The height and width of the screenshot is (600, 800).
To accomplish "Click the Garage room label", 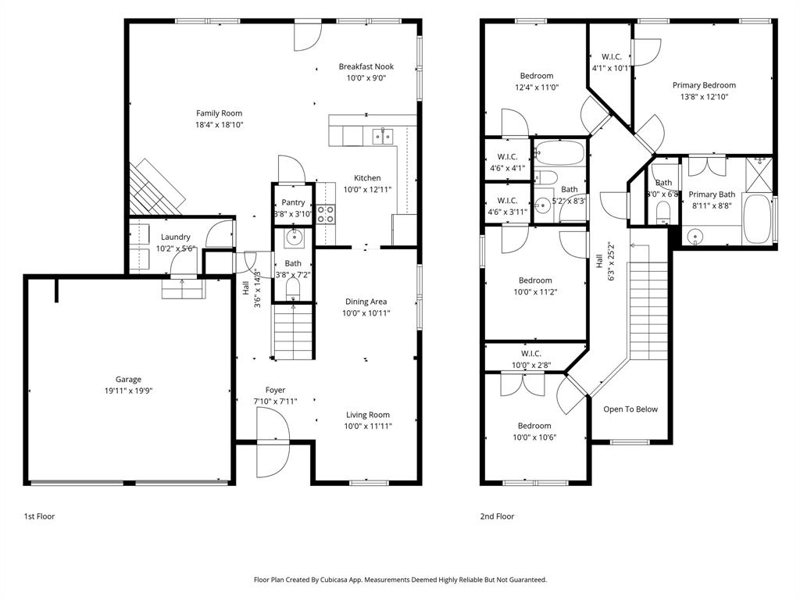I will click(129, 380).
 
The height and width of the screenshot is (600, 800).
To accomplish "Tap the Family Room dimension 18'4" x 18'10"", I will click(220, 125).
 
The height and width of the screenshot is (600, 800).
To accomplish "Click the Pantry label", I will click(293, 202).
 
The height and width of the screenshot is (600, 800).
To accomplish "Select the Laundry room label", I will click(176, 237).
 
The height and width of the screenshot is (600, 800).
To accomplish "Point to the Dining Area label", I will click(366, 302).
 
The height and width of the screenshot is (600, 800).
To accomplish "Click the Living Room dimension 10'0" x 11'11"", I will click(369, 427).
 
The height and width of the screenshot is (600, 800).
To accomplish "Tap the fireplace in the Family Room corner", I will click(156, 186).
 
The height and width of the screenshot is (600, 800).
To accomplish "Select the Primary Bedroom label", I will click(704, 85).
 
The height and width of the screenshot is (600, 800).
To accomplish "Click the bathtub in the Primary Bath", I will click(757, 220).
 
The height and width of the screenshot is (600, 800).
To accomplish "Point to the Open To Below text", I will click(630, 409).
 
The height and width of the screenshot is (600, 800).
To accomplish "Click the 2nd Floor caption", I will click(497, 516).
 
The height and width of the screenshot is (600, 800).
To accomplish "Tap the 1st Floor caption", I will click(39, 516).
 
